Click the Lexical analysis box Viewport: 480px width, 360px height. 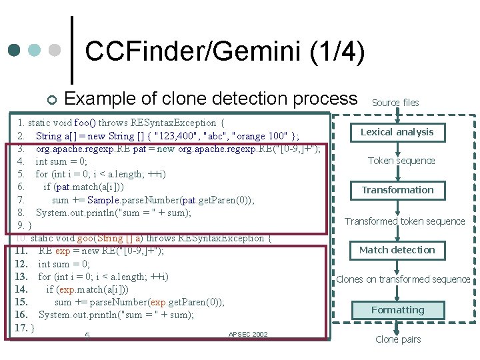[x=397, y=132]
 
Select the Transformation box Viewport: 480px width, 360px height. [x=397, y=190]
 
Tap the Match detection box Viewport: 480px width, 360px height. [x=397, y=250]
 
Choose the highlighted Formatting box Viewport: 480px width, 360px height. [x=397, y=310]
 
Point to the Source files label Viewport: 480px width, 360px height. [x=395, y=103]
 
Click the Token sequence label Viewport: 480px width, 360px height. [x=401, y=161]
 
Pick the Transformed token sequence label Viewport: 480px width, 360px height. [x=405, y=221]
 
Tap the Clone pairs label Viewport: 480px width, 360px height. [x=398, y=339]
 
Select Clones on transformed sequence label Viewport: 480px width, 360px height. [x=403, y=279]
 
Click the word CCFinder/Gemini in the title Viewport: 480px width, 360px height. [x=193, y=52]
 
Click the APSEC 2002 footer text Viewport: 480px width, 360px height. [x=247, y=334]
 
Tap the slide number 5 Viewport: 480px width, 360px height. [x=87, y=336]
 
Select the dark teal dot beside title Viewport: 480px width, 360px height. [x=14, y=50]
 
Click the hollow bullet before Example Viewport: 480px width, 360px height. [x=53, y=101]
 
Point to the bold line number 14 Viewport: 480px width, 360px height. [x=21, y=289]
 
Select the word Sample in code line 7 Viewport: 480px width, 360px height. [x=104, y=199]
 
